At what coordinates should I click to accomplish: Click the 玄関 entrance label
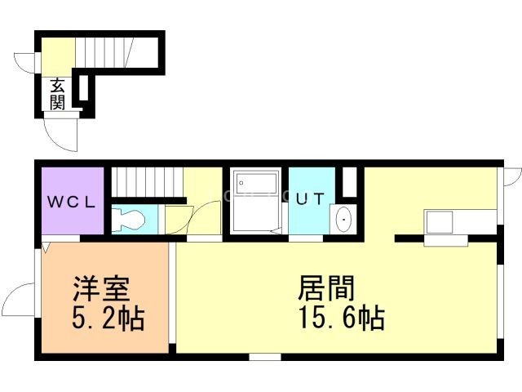58,93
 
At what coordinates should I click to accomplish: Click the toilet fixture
129,218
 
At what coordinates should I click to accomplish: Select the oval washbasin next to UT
343,220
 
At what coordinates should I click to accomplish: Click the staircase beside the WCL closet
144,182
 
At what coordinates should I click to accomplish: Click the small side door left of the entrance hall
26,64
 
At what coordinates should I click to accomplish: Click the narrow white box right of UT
349,181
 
